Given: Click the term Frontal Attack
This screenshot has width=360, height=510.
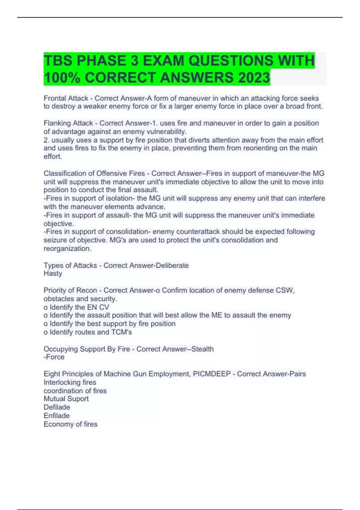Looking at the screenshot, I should [66, 98].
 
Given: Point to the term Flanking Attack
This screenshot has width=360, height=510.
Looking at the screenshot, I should [68, 123].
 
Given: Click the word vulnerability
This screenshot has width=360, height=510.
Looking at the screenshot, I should [166, 132].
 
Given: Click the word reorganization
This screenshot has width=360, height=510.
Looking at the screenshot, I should [67, 249].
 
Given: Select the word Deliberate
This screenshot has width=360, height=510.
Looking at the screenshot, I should [170, 265].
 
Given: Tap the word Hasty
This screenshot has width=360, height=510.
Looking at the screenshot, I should [53, 274].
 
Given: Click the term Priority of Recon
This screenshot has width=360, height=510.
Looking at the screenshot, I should [70, 290].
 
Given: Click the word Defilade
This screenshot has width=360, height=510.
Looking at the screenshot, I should [57, 407].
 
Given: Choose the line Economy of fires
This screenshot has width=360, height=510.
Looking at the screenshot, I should [70, 424].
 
